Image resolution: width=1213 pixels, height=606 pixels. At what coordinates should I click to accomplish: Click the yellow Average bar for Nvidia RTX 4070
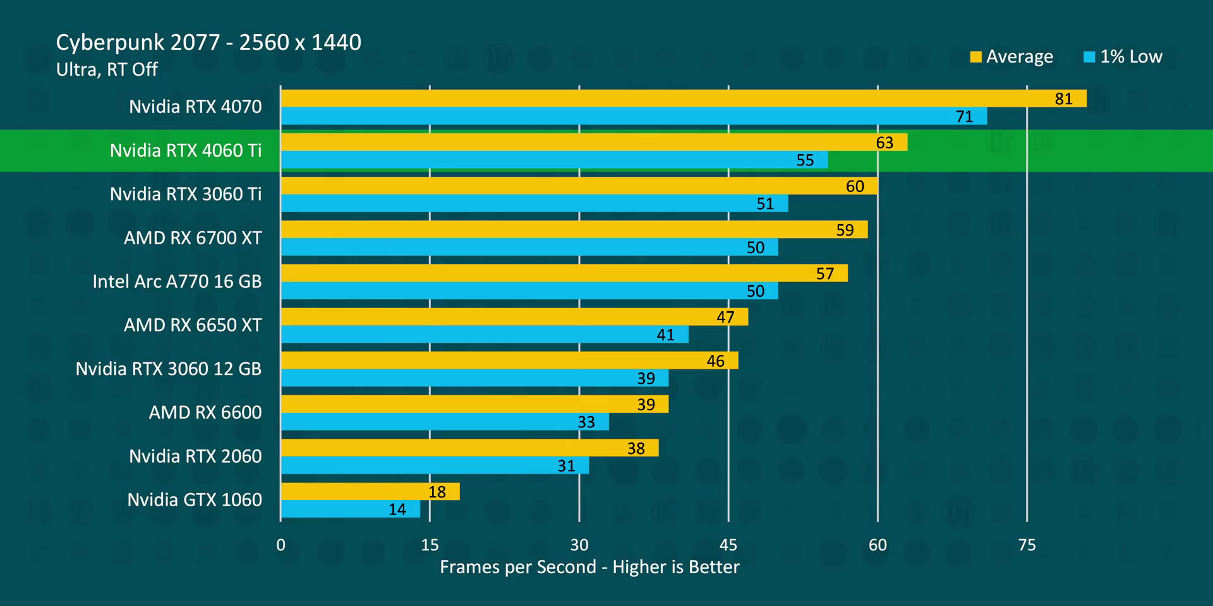682,98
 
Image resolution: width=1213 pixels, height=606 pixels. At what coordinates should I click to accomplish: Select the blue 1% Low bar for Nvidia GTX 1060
351,509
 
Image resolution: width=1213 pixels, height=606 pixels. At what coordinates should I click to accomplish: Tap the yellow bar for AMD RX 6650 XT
514,317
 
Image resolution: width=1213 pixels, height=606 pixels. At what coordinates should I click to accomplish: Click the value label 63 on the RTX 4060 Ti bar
884,143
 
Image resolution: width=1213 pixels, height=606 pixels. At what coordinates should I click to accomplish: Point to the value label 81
1063,99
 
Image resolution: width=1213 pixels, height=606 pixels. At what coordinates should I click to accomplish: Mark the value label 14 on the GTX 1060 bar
397,509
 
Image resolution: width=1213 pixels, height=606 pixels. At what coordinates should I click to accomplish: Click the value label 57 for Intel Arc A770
824,273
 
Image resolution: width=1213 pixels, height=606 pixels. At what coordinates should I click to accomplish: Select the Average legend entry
1011,57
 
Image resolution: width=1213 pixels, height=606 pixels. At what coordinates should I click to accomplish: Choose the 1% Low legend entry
1123,57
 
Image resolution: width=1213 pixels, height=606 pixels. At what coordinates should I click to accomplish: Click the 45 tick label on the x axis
728,545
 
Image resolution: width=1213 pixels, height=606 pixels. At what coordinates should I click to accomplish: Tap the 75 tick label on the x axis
1027,545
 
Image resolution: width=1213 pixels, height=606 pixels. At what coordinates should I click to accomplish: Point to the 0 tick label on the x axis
281,545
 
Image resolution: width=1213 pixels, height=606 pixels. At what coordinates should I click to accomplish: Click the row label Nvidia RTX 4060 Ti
186,150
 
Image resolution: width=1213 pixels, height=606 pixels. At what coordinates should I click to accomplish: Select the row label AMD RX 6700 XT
193,238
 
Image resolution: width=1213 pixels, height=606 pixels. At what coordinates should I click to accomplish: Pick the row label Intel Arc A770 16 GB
177,282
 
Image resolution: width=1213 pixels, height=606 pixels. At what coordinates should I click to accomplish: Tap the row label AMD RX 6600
205,413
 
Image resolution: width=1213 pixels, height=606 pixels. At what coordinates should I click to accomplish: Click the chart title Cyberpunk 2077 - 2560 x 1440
208,42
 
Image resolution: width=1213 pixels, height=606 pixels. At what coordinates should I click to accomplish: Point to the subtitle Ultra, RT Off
107,69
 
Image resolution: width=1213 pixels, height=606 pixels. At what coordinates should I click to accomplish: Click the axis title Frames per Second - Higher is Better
589,567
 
